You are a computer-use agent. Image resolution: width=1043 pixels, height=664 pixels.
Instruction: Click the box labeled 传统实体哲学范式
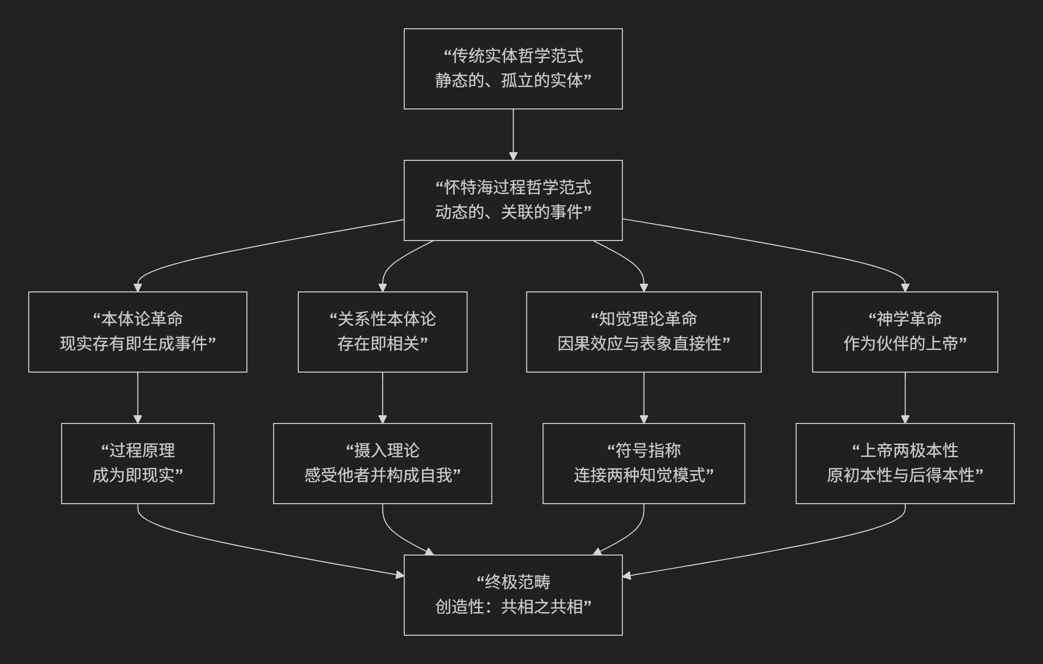[x=513, y=68]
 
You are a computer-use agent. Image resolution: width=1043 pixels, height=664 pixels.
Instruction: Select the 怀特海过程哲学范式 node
[x=513, y=200]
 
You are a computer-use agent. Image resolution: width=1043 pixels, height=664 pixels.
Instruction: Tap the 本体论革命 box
[x=138, y=331]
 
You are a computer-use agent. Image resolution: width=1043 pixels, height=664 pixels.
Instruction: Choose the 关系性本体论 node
[x=383, y=331]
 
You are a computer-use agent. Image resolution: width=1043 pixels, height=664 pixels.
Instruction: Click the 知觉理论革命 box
[x=643, y=331]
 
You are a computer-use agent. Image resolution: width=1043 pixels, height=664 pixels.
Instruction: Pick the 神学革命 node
[x=905, y=331]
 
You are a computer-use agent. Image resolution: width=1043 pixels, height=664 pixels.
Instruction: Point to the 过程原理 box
[x=138, y=463]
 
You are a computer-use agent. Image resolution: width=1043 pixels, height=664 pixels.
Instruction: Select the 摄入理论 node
[x=383, y=463]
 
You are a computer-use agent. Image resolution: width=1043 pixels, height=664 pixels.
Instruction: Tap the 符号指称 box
[x=643, y=463]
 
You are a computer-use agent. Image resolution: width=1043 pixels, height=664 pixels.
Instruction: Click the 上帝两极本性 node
[x=905, y=463]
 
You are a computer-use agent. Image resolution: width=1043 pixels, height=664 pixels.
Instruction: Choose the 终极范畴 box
[x=513, y=595]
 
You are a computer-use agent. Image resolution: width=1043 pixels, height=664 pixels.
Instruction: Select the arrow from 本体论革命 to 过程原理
[x=138, y=397]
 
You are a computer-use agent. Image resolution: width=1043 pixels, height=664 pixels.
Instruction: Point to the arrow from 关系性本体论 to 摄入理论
[x=383, y=397]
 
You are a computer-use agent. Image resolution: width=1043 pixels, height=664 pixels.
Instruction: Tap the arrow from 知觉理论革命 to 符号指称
[x=643, y=397]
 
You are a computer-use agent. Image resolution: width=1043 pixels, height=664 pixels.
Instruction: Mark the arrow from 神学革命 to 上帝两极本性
[x=905, y=397]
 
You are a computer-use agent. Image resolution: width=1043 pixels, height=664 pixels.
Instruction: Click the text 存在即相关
[x=383, y=344]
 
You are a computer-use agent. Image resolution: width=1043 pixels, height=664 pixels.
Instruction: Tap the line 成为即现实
[x=138, y=475]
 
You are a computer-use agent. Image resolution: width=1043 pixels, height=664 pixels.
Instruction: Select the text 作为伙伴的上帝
[x=905, y=344]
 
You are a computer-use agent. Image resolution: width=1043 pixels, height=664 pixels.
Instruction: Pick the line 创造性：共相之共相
[x=513, y=607]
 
